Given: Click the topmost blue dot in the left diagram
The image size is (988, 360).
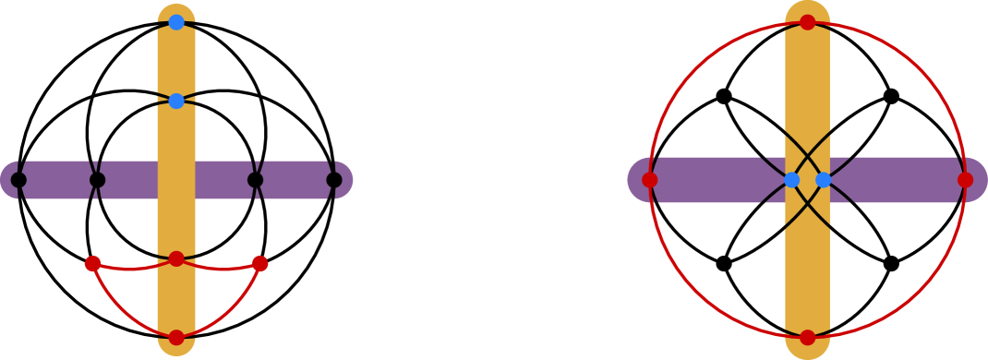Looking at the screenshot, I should (176, 22).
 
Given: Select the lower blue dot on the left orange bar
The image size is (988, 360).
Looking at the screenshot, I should (176, 101).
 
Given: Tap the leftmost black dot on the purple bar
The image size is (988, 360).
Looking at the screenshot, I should (18, 180).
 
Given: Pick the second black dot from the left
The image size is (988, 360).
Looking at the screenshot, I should (97, 180).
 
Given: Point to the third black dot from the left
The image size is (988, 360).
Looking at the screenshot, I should (255, 180).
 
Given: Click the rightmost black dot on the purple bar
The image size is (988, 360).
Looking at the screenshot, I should (334, 180).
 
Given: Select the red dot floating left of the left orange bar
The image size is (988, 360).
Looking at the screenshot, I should (93, 264).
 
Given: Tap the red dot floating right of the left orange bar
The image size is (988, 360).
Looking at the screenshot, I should (260, 264).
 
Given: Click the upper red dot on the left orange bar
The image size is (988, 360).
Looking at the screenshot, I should (176, 258).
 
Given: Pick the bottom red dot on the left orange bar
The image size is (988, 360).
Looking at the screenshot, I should (176, 337).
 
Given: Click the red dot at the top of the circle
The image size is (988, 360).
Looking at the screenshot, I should (808, 22).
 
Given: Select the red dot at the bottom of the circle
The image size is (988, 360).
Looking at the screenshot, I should (808, 338).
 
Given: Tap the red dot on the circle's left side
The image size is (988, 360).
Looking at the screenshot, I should (650, 180).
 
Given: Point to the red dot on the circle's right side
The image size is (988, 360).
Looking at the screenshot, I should (965, 180).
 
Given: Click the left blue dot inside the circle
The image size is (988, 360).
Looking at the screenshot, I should (791, 180).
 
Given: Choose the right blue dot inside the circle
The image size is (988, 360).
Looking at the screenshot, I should (824, 180).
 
